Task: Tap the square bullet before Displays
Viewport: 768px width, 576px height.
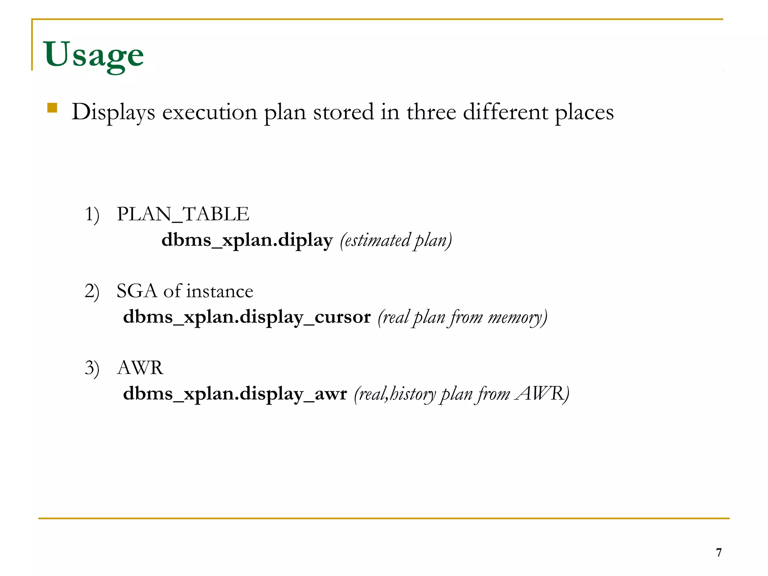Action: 52,108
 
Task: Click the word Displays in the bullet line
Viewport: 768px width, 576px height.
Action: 113,112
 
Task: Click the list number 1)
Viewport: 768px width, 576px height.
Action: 92,215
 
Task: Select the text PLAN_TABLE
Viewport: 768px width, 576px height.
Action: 183,214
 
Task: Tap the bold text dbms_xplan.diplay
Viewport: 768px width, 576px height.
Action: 247,240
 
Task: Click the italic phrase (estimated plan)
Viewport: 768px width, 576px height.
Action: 396,240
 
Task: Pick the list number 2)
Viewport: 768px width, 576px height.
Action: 92,291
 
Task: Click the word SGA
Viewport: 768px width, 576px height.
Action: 136,291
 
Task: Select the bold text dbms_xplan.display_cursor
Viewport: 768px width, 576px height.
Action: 247,317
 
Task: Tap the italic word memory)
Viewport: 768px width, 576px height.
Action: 517,317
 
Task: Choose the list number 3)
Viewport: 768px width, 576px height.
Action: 92,368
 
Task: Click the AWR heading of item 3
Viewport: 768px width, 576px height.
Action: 140,367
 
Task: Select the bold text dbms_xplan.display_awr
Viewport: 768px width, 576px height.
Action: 235,394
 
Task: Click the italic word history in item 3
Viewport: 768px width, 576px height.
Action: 412,394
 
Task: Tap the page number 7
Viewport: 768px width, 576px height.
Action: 718,552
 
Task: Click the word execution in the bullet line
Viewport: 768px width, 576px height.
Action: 209,112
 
